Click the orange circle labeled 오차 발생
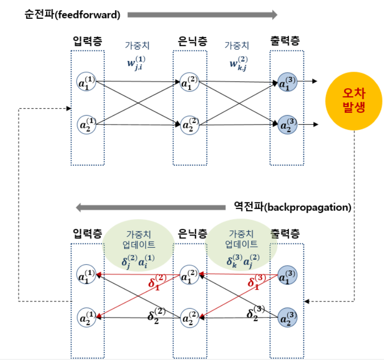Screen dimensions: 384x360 354,101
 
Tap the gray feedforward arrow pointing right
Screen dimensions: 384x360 202,15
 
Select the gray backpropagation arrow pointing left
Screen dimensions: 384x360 151,208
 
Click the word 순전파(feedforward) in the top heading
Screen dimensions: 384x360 72,15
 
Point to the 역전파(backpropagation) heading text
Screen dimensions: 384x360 293,207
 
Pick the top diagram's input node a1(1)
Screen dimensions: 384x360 86,82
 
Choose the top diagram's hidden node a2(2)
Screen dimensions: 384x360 189,125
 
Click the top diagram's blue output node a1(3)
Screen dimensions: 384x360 287,82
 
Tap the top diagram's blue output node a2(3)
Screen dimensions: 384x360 288,125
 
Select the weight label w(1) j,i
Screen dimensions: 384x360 137,63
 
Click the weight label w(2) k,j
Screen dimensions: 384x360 239,63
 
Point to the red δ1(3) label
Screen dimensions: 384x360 256,282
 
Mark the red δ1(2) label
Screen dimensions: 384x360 157,282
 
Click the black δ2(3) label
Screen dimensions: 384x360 256,313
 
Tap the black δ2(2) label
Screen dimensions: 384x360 157,316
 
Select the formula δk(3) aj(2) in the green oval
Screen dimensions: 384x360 243,261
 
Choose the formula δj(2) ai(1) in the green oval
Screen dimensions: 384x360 138,261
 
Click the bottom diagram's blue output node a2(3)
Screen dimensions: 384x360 288,318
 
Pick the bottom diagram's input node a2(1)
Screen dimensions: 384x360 86,318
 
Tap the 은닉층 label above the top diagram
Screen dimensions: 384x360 193,41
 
